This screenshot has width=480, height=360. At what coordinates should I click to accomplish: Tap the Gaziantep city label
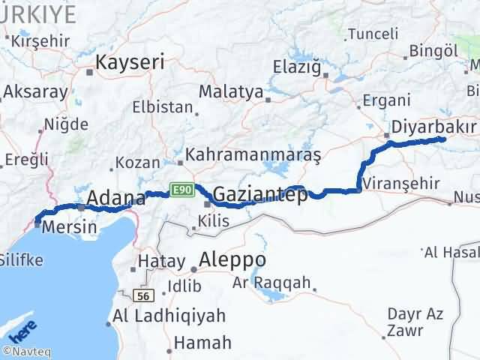tap(260, 196)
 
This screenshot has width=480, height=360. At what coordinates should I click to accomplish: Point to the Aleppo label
tap(232, 259)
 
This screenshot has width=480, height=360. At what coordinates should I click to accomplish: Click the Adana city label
tap(116, 199)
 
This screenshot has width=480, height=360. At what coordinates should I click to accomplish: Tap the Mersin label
tap(69, 226)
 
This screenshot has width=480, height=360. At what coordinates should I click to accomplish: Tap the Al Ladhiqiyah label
tap(169, 316)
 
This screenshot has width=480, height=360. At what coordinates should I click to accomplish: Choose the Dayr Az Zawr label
tap(411, 321)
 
